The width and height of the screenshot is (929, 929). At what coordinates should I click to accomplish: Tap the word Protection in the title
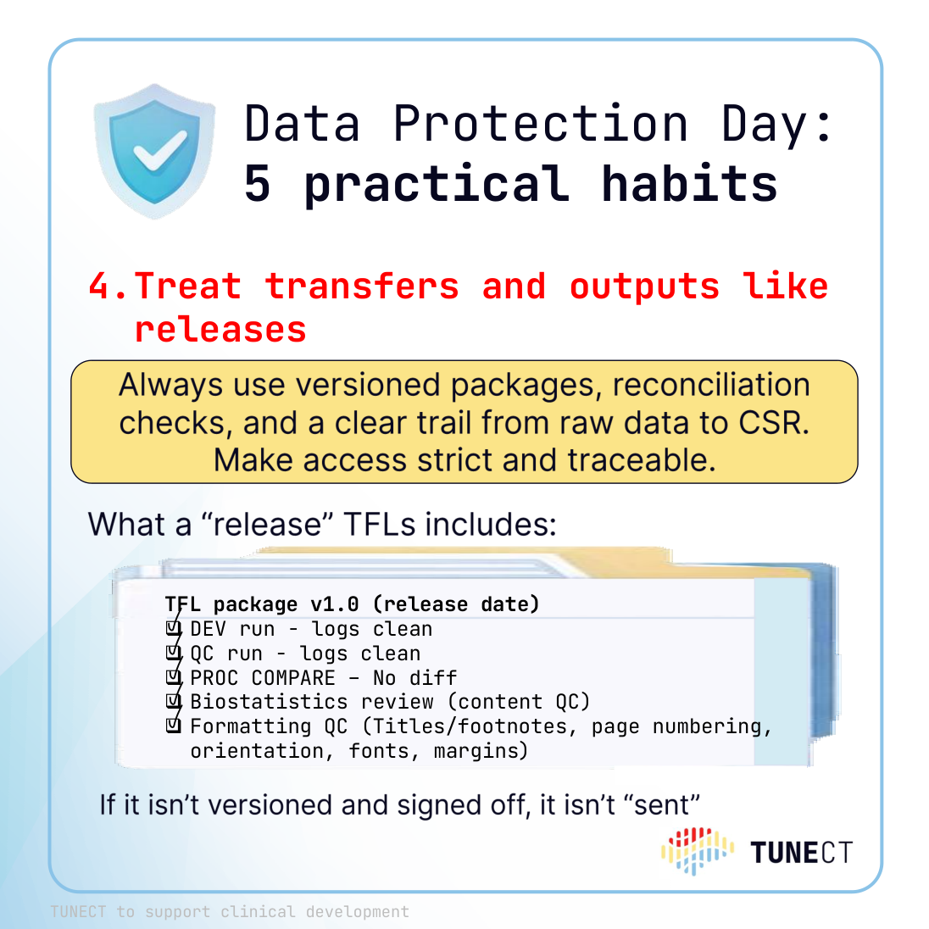click(x=540, y=124)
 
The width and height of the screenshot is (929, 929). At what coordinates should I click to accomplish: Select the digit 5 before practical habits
click(x=258, y=184)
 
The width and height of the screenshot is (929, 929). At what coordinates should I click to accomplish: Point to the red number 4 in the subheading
click(x=100, y=286)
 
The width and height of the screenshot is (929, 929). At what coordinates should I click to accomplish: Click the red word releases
click(x=220, y=330)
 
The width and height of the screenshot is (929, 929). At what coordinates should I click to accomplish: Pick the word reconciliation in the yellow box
click(x=711, y=385)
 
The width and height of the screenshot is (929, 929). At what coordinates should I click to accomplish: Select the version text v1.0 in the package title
click(x=335, y=604)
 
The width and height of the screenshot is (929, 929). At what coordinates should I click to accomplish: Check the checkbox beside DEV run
click(x=174, y=628)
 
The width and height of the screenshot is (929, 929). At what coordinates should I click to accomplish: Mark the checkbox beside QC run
click(x=174, y=653)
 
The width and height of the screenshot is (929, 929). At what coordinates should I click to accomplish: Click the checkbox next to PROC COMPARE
click(x=174, y=677)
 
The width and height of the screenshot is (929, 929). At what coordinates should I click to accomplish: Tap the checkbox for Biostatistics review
click(x=174, y=702)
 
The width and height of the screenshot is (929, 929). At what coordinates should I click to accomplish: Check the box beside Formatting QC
click(x=174, y=726)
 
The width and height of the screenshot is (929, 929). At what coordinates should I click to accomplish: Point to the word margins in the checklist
click(x=481, y=751)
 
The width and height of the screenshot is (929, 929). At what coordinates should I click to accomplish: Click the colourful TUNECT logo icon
click(x=698, y=851)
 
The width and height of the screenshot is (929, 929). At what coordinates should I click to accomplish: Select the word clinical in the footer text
click(x=258, y=911)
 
